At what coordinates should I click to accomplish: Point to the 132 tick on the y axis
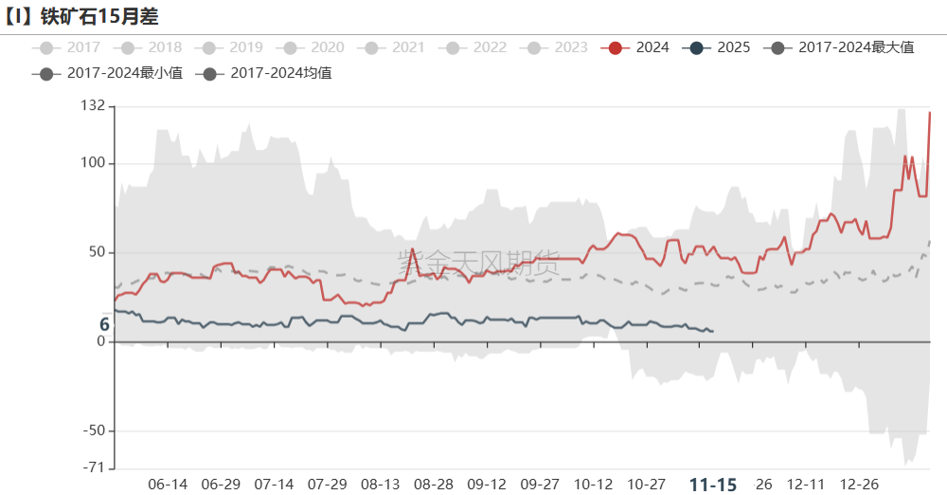pos(92,106)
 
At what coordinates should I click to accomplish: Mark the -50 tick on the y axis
pos(92,431)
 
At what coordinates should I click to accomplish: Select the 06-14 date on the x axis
pos(168,485)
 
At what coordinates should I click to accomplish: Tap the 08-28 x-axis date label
pos(434,485)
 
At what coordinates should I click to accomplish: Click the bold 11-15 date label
pos(712,485)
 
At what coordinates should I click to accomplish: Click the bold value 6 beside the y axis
pos(104,325)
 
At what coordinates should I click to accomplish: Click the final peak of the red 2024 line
pos(930,113)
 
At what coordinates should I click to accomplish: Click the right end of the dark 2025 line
pos(712,331)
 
